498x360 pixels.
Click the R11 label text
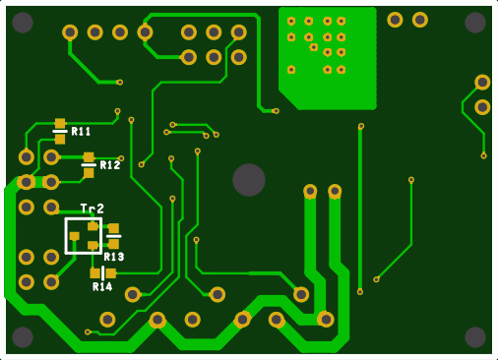[81, 132]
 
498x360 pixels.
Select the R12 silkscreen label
[110, 165]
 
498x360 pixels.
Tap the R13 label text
[114, 257]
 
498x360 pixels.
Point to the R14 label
[102, 287]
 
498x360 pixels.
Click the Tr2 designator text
[93, 209]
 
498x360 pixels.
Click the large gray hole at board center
[249, 180]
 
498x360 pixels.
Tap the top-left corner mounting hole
[23, 23]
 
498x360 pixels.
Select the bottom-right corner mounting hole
[475, 337]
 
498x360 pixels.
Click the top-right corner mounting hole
[475, 23]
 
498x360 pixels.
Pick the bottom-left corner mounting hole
[23, 337]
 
